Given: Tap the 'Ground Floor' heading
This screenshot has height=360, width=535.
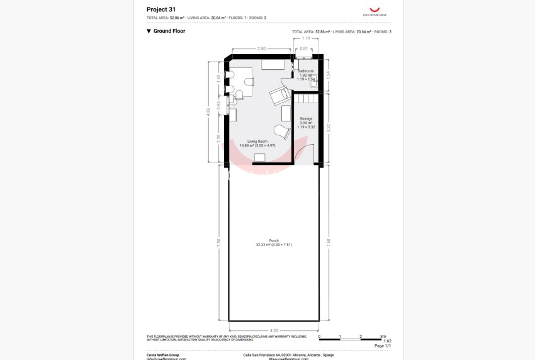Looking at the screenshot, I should (169, 31).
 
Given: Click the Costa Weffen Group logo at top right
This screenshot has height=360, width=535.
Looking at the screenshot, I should (374, 9).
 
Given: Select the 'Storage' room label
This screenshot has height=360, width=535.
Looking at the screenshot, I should (306, 119).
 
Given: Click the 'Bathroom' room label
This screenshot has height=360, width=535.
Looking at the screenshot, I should (306, 71).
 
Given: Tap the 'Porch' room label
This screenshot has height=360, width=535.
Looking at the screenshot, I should (274, 240).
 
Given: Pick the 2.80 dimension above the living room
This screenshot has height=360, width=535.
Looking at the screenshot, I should (262, 48).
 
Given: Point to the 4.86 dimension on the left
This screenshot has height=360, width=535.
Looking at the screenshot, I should (208, 111).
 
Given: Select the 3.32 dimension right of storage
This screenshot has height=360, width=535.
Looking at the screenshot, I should (329, 127).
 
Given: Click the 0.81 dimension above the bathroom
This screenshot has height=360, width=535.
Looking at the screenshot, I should (304, 48).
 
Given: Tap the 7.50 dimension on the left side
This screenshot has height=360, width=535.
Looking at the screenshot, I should (218, 242).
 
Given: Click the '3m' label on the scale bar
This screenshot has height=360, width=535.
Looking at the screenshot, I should (383, 337).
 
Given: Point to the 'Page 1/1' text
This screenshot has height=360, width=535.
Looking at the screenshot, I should (383, 346).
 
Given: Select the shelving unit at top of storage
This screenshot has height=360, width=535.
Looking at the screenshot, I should (307, 99).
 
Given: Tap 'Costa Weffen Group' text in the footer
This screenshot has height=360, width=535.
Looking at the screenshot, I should (163, 355).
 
